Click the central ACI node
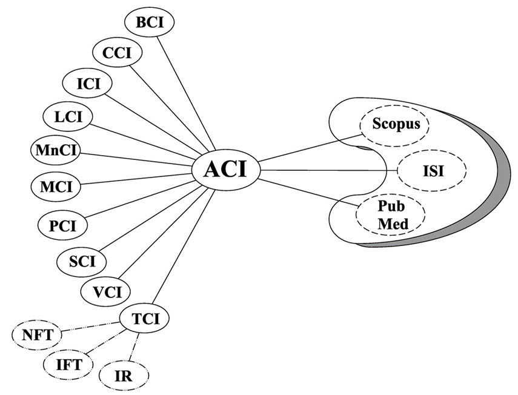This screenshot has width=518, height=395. [x=226, y=169]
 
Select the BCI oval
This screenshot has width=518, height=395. [x=149, y=22]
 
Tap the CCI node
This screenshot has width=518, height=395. [x=118, y=53]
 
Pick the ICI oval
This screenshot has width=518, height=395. [x=87, y=83]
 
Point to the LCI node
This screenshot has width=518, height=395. [x=67, y=115]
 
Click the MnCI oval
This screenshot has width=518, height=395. [x=55, y=150]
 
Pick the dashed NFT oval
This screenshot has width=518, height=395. [x=36, y=334]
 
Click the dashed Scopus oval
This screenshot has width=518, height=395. [x=394, y=124]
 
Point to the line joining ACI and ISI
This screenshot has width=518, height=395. [x=327, y=171]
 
